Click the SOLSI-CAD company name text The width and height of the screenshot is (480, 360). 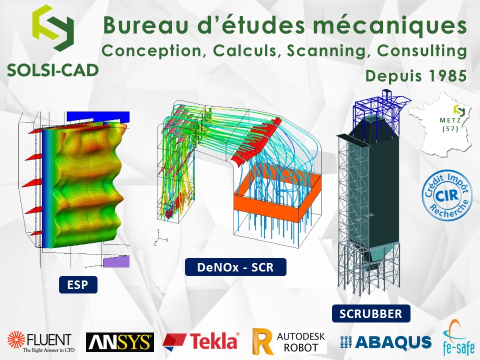52,70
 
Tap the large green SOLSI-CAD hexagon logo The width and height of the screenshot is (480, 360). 53,27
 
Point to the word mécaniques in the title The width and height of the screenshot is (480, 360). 389,25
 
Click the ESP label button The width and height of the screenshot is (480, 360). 78,284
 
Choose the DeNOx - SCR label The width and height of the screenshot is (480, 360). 235,267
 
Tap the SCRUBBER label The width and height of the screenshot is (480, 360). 371,313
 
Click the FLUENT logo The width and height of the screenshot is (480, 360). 40,341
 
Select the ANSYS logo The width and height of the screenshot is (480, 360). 120,342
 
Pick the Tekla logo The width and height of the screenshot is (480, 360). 201,341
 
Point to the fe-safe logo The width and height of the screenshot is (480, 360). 459,338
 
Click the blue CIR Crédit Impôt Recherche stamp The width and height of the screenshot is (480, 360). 447,195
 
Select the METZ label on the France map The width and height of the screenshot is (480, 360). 450,120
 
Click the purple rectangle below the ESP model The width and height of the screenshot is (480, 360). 116,261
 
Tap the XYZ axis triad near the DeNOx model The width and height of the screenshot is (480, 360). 160,237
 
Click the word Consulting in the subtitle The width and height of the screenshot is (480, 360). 422,51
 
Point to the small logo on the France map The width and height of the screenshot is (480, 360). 459,110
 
